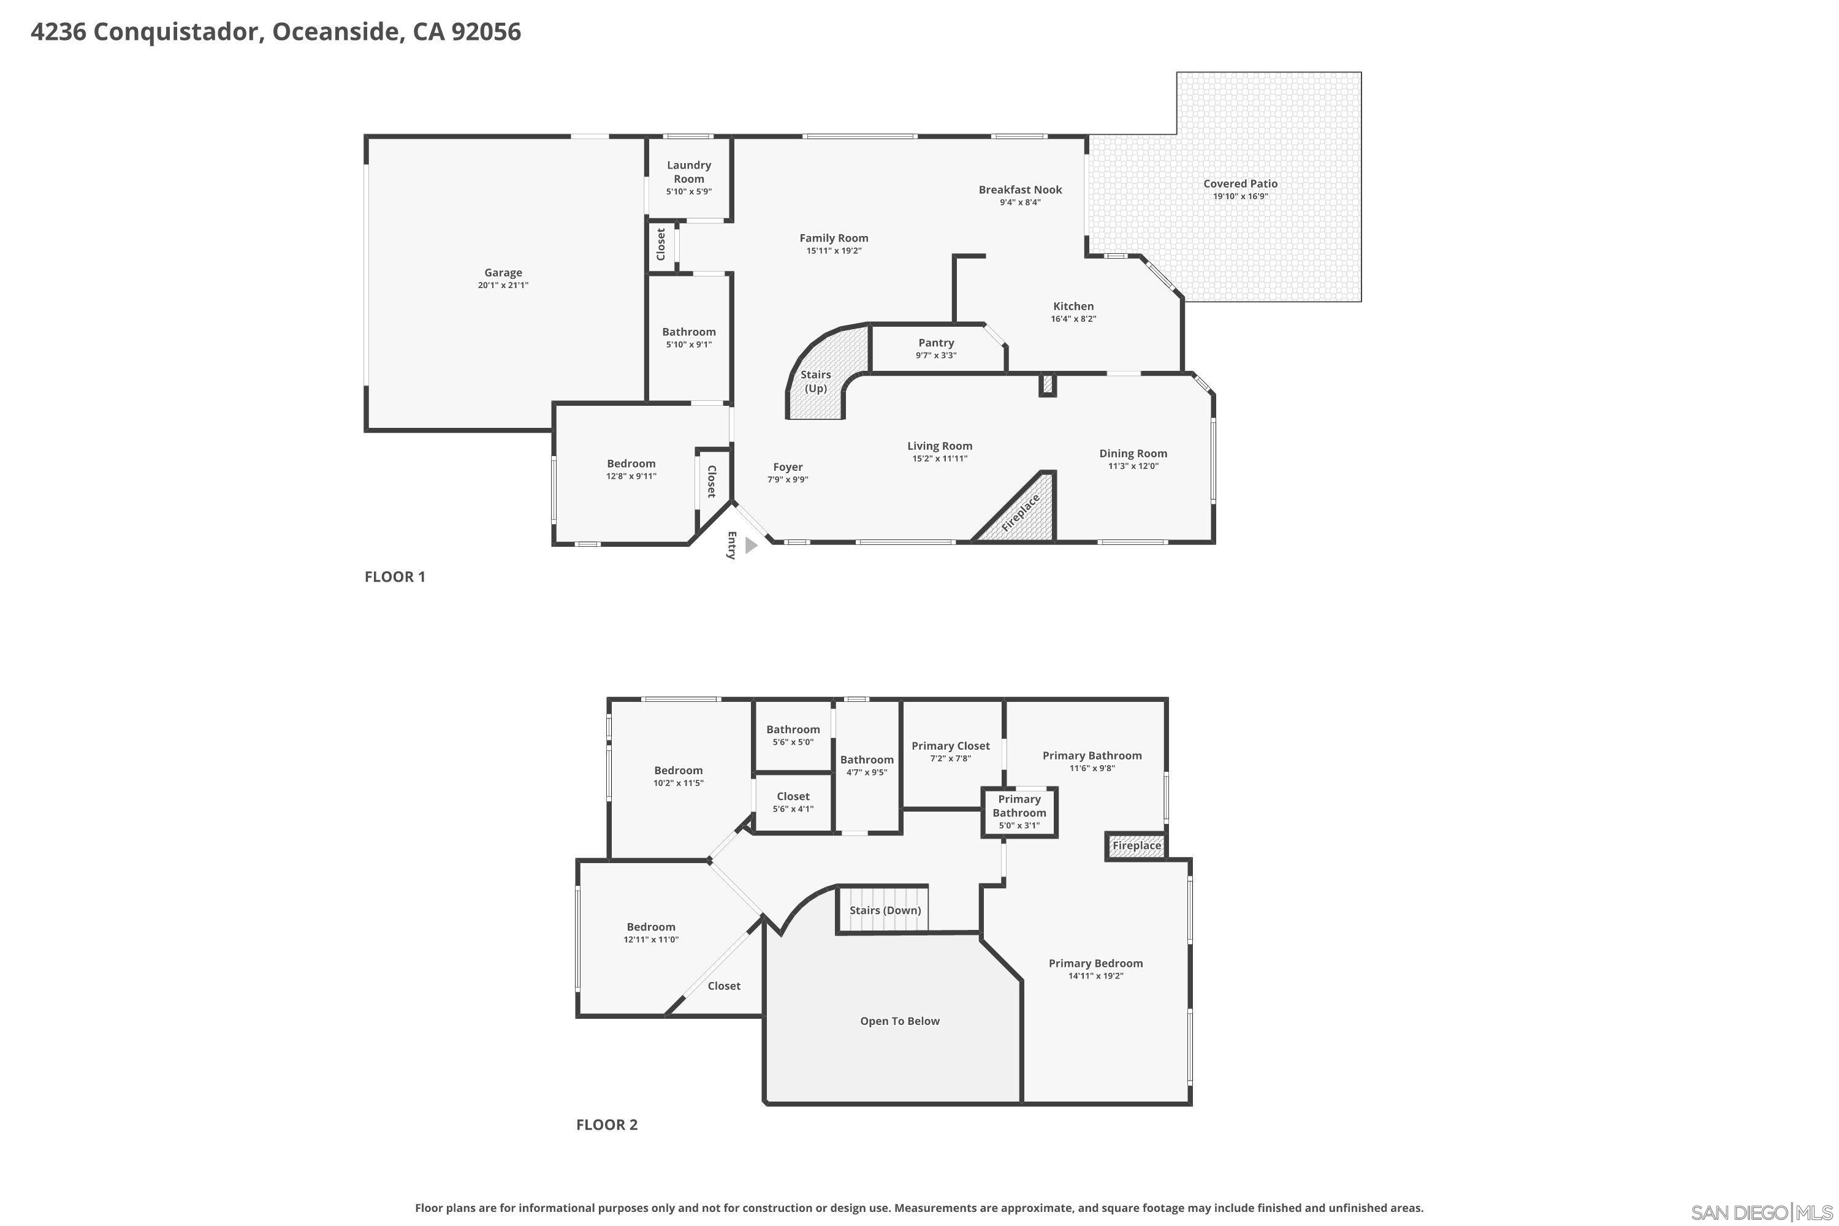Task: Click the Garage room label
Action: [x=503, y=273]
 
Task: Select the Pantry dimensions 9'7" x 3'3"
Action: [x=936, y=356]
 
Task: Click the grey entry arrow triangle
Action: [x=750, y=546]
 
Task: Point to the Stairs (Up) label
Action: [x=815, y=381]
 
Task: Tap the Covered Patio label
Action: [x=1240, y=184]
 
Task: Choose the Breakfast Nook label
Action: [x=1019, y=189]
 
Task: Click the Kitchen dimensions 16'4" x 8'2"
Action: [x=1073, y=319]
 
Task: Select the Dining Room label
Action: [x=1132, y=454]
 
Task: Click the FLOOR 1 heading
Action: [x=395, y=577]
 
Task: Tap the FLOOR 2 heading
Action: [x=607, y=1125]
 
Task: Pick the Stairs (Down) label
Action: [x=885, y=910]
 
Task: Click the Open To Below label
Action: [x=899, y=1021]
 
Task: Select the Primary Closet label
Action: [x=950, y=746]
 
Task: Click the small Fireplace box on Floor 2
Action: [x=1136, y=846]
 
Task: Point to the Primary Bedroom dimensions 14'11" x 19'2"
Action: [x=1095, y=977]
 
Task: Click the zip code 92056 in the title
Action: [x=485, y=32]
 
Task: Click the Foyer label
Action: [x=787, y=466]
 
